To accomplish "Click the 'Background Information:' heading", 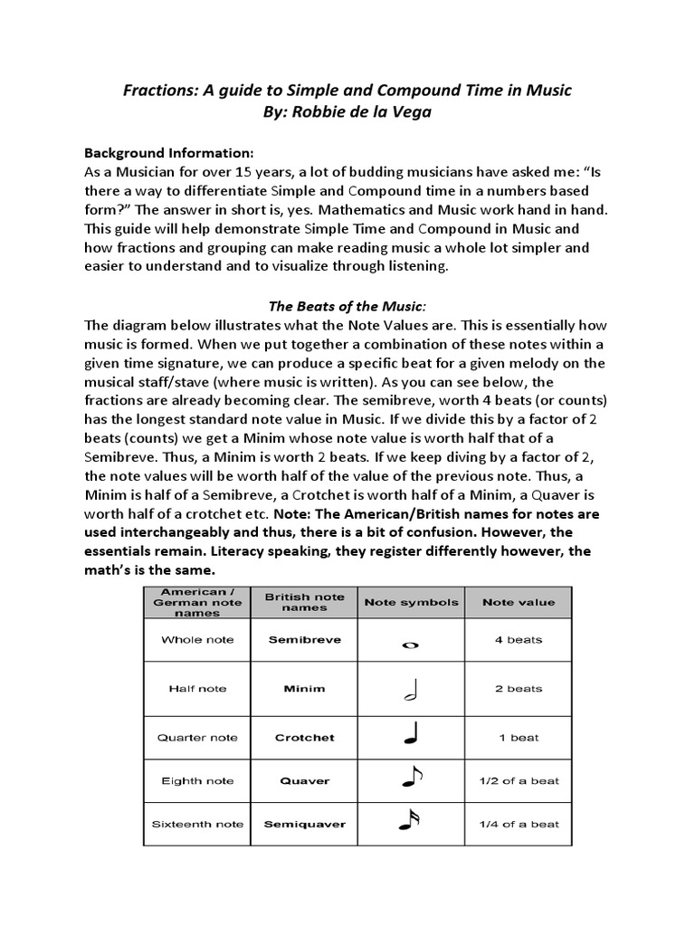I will click(x=169, y=151).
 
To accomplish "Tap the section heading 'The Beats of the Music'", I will click(x=347, y=307).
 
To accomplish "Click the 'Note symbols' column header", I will click(x=411, y=602).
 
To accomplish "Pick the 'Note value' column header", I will click(x=519, y=602).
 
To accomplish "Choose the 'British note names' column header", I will click(x=304, y=602).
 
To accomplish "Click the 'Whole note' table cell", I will click(x=197, y=639).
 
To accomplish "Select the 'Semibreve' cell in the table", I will click(x=304, y=639).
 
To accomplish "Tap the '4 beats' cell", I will click(x=519, y=639).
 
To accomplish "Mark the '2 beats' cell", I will click(x=519, y=689).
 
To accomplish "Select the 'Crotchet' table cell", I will click(x=304, y=738).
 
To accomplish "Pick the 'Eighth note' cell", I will click(x=197, y=780).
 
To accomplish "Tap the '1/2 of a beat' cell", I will click(x=519, y=780).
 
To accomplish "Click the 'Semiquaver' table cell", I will click(x=304, y=824).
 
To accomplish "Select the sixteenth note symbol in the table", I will click(x=410, y=821).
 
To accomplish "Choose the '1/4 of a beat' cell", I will click(x=519, y=824).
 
